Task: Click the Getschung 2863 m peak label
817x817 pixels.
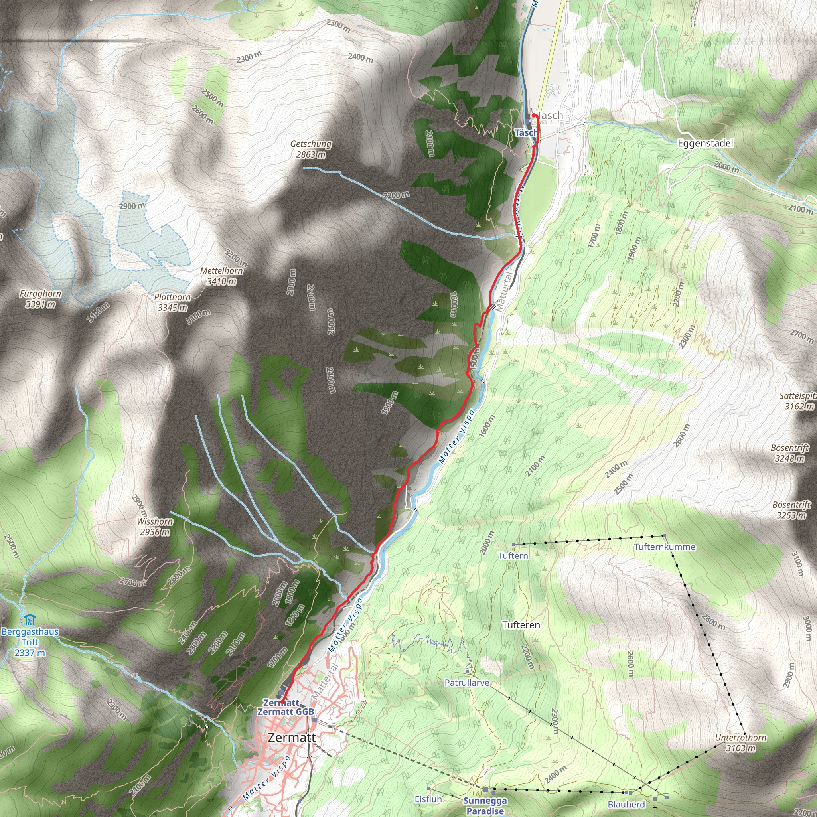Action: coord(311,149)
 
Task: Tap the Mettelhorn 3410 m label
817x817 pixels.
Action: coord(221,276)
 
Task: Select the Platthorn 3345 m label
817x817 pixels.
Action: coord(172,302)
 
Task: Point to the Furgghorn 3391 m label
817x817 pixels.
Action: coord(41,298)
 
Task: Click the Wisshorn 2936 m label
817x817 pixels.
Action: coord(155,527)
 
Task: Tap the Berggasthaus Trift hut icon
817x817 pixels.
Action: coord(29,620)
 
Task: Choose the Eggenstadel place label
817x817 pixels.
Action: coord(705,143)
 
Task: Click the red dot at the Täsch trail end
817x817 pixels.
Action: coord(534,115)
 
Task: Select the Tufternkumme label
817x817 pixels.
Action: coord(664,547)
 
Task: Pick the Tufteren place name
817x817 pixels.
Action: coord(521,625)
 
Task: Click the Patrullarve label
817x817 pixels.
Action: coord(467,683)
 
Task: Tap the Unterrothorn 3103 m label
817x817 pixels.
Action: coord(740,742)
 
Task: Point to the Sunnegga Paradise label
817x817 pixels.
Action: coord(485,805)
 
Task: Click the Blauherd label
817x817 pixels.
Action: coord(626,804)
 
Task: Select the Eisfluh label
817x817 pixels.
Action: coord(428,799)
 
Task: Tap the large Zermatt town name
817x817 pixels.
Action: coord(292,738)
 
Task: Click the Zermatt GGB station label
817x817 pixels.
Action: coord(286,712)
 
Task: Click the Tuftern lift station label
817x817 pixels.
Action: coord(513,556)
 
